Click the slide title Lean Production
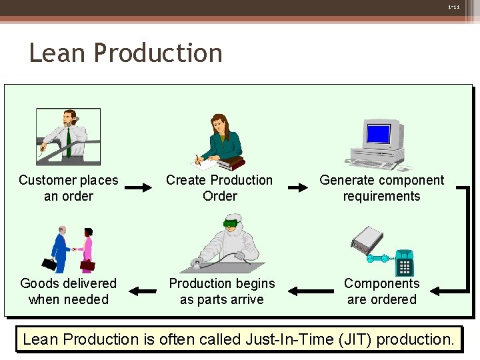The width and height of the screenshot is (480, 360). [x=125, y=53]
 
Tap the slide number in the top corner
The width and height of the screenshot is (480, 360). [x=453, y=7]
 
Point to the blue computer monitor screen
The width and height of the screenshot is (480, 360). [x=378, y=134]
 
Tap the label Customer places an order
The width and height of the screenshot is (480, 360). [x=68, y=188]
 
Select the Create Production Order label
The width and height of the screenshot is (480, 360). [x=219, y=188]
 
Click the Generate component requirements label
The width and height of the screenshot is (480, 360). [x=381, y=188]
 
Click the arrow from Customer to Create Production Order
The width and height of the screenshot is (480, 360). [x=139, y=188]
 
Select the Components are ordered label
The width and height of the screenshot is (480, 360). [x=381, y=291]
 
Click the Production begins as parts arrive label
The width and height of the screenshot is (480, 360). [x=221, y=291]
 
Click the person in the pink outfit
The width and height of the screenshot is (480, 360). [x=87, y=249]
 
